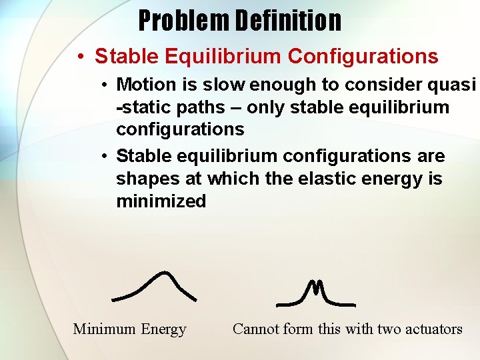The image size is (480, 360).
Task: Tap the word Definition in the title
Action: click(x=288, y=21)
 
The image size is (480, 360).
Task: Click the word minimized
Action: click(x=161, y=201)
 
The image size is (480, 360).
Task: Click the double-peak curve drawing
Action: click(x=315, y=294)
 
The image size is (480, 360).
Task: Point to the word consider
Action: click(x=377, y=85)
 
